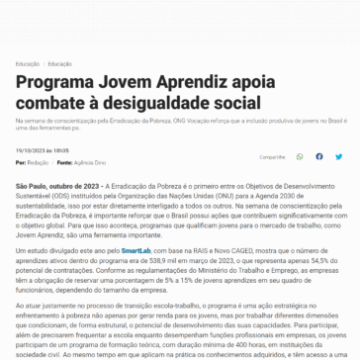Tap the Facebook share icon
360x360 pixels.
point(319,156)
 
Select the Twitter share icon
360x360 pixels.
point(339,156)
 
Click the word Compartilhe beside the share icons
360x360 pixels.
point(273,156)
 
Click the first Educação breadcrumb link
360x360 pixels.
point(28,63)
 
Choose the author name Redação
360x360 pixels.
point(39,160)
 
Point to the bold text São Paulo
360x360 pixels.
point(33,185)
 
